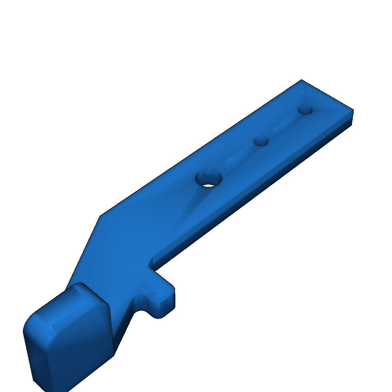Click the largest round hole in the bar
[x=209, y=178]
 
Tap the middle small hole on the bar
[x=261, y=141]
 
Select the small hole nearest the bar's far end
[x=305, y=110]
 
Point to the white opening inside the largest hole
[x=209, y=185]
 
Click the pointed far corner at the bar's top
[x=301, y=80]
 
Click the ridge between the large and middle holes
[x=235, y=159]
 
